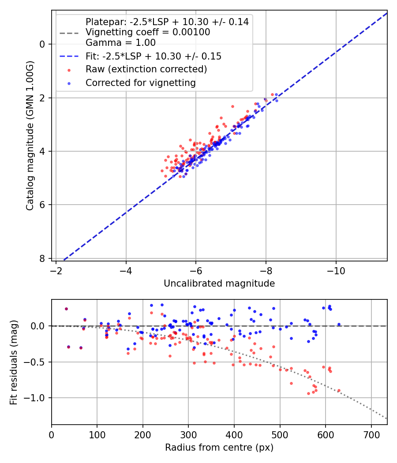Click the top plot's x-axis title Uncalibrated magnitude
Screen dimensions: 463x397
point(219,284)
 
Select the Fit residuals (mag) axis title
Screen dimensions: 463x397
point(14,362)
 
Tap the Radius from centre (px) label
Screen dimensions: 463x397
point(219,448)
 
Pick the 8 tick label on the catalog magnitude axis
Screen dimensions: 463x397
point(42,258)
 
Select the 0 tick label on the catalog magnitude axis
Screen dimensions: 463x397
point(42,44)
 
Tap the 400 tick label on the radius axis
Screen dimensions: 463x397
point(234,434)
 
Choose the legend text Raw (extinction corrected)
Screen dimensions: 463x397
point(146,69)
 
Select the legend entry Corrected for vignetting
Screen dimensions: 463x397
point(140,82)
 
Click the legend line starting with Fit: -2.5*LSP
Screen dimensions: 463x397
point(154,56)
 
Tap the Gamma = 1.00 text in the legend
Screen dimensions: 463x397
point(120,43)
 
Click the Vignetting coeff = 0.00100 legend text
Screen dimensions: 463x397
point(148,32)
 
